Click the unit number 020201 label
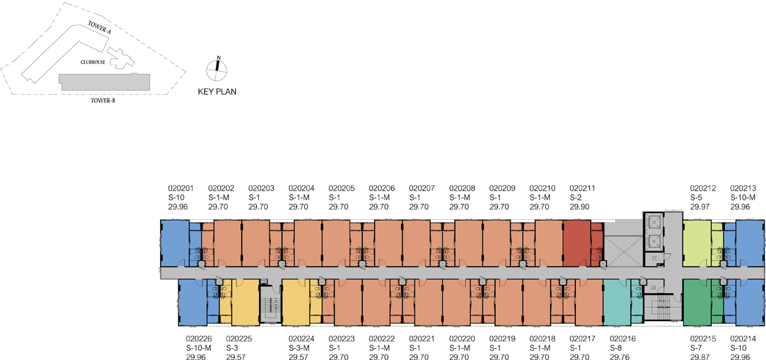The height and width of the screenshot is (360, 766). click(x=181, y=188)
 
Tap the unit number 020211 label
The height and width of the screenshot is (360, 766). click(x=583, y=188)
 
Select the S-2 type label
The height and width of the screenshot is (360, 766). click(x=577, y=197)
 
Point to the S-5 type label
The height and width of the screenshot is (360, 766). click(x=696, y=197)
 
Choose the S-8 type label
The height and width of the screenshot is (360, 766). click(x=617, y=347)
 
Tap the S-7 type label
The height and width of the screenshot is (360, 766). click(x=696, y=347)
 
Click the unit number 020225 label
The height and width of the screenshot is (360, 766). click(x=240, y=338)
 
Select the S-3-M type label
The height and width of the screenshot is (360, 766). click(x=299, y=347)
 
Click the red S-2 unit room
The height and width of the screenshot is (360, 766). click(x=577, y=244)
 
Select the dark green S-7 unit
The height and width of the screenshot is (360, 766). click(x=696, y=302)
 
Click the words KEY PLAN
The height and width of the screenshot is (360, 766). click(x=217, y=91)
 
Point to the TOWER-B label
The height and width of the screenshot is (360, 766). click(x=102, y=101)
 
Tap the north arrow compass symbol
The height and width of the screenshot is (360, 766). click(x=217, y=69)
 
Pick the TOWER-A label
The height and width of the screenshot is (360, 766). click(x=98, y=28)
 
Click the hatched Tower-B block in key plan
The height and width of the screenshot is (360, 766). click(x=104, y=83)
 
